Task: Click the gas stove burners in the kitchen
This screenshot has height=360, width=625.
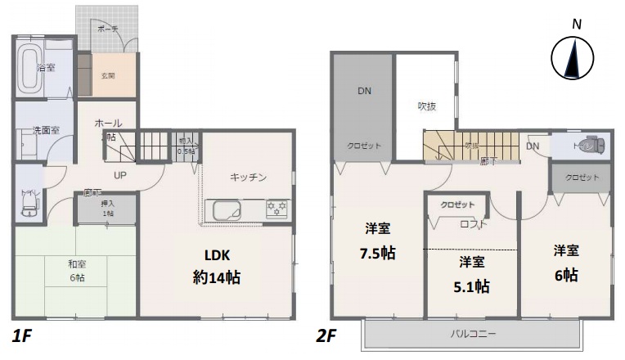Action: tap(277, 209)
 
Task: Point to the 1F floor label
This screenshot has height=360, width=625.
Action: tap(22, 335)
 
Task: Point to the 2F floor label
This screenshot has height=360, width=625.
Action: tap(327, 335)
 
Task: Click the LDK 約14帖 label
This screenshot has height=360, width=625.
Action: tap(211, 265)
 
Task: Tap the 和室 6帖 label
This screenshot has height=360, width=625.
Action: tap(76, 271)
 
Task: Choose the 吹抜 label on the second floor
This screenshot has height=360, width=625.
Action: tap(427, 106)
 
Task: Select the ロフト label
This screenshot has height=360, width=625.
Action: tap(474, 224)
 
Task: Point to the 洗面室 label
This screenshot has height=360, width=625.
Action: tap(46, 130)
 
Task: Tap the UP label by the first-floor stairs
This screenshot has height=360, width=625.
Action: tap(119, 175)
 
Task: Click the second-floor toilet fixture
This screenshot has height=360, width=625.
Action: tap(591, 146)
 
